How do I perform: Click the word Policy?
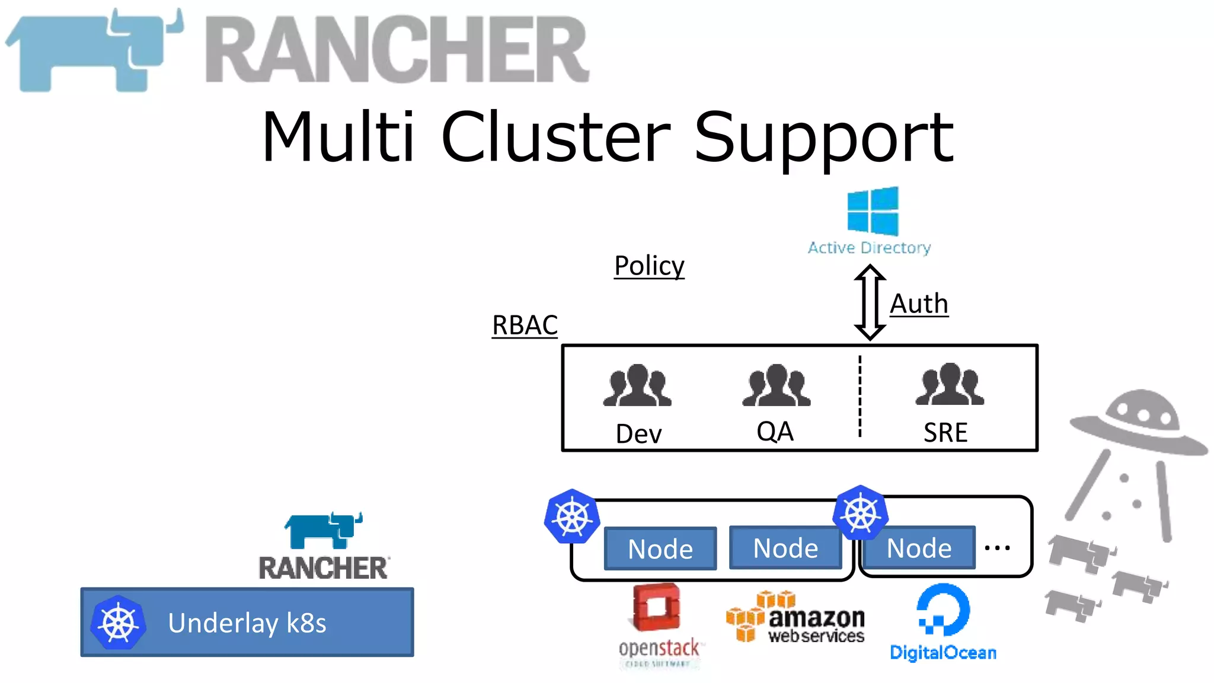coord(649,266)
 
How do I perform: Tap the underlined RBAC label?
coord(525,325)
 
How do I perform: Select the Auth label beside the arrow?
coord(919,304)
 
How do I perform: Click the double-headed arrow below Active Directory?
coord(870,302)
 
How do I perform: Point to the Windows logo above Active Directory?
coord(873,211)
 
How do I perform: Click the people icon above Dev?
coord(637,385)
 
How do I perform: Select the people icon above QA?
coord(776,385)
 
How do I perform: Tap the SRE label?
coord(945,432)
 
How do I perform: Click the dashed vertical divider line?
coord(860,396)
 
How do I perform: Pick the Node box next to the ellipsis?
coord(919,548)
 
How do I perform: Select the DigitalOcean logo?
coord(943,623)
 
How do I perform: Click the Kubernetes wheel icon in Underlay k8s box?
coord(119,623)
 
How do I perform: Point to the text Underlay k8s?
coord(247,623)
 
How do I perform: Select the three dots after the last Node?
coord(997,548)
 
